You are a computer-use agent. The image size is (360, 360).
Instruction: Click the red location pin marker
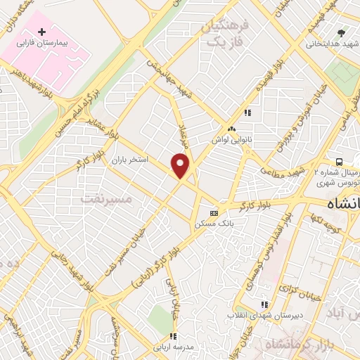coord(181,165)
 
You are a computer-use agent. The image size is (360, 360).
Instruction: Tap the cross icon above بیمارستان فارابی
coord(42,32)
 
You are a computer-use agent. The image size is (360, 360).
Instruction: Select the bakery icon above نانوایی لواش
coord(231,129)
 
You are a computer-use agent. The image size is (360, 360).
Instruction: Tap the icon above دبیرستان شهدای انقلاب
coord(264,304)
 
